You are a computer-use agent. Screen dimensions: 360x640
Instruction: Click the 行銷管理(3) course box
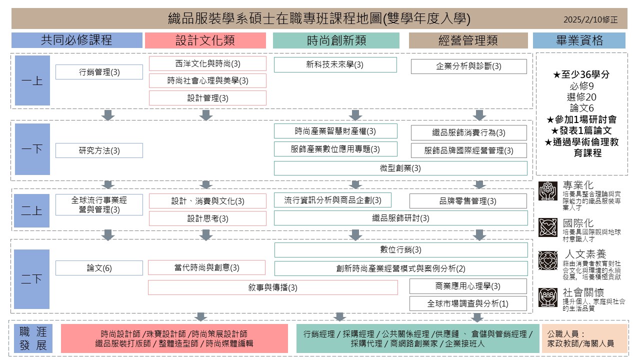[99, 72]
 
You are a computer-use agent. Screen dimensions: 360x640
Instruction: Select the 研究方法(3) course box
[99, 150]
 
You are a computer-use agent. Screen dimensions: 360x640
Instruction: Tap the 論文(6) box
[99, 268]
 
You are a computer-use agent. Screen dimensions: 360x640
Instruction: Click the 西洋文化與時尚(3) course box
[207, 63]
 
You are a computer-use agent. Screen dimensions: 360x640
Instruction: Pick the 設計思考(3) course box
[207, 218]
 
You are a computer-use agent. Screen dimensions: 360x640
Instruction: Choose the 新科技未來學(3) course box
[335, 64]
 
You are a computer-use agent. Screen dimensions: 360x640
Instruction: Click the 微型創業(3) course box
[400, 168]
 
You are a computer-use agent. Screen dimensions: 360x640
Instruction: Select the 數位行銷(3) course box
[401, 249]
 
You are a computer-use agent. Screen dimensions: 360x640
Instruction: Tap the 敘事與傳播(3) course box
[272, 287]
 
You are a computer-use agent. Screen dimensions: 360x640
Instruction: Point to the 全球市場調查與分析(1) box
[468, 303]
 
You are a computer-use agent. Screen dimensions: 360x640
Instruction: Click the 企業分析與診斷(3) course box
[468, 66]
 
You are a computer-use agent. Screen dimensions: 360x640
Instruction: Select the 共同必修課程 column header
[76, 40]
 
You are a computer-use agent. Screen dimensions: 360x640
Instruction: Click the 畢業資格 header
[579, 40]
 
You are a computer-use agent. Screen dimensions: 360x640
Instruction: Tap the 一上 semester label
[32, 80]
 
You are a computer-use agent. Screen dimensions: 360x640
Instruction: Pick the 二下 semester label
[32, 279]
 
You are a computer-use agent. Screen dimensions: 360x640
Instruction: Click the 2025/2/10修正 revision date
[590, 20]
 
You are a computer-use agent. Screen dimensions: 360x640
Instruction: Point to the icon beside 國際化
[548, 227]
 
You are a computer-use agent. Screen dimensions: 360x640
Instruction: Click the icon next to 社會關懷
[548, 297]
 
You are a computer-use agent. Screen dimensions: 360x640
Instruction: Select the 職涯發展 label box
[33, 338]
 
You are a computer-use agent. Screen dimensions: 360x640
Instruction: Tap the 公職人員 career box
[584, 338]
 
